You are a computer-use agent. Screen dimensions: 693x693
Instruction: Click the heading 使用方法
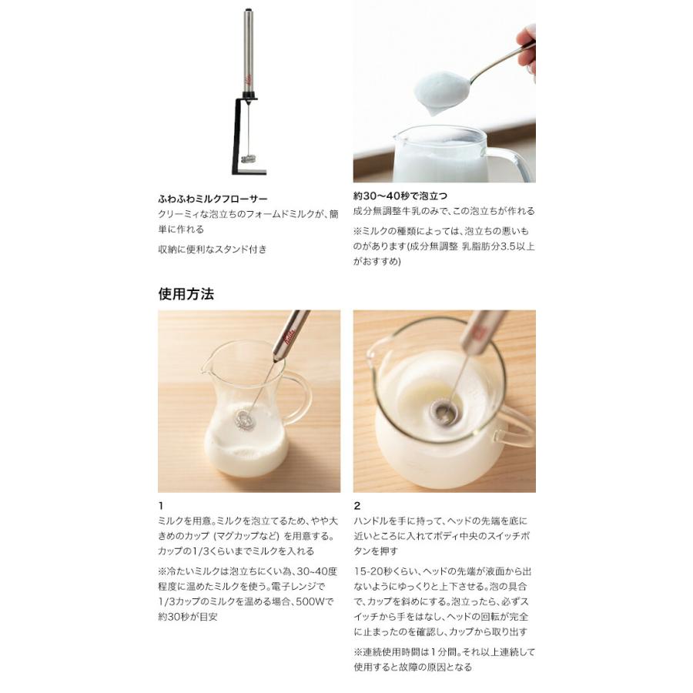pos(186,293)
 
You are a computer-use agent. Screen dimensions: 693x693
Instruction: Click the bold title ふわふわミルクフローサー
pos(213,198)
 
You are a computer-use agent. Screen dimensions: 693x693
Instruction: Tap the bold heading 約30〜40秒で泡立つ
pos(400,196)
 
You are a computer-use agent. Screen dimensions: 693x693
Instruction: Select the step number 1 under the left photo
pos(161,507)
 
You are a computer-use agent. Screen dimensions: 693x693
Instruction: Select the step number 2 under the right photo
pos(357,507)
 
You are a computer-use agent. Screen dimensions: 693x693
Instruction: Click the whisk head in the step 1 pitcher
pos(244,420)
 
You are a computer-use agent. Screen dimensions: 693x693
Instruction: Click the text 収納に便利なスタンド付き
pos(213,249)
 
